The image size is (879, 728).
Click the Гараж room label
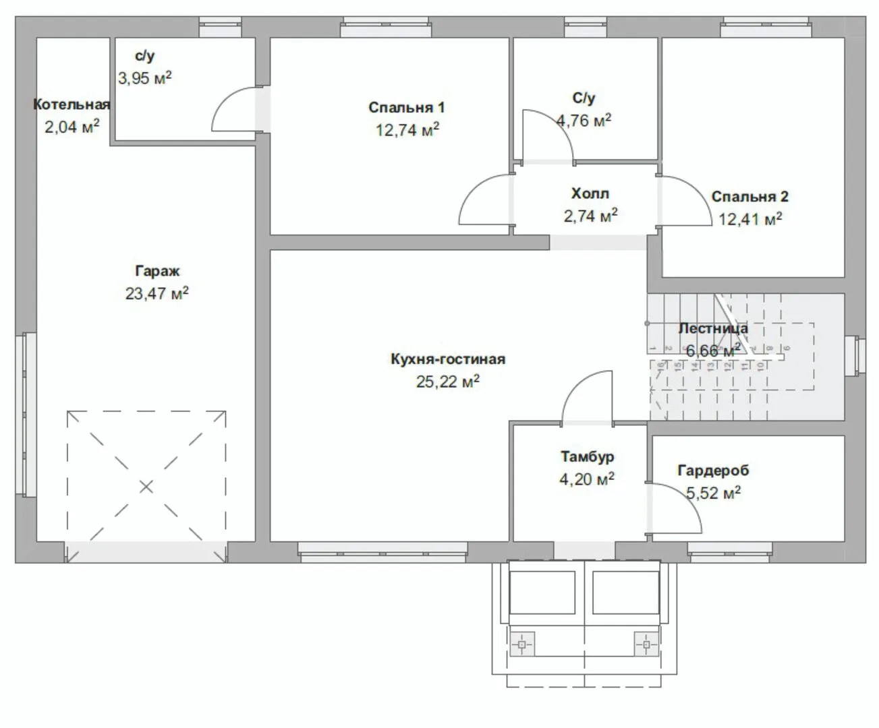click(157, 271)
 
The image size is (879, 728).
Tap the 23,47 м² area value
click(157, 293)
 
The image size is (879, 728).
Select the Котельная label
click(71, 104)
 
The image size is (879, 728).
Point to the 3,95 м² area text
click(145, 78)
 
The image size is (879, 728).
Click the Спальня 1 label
click(407, 108)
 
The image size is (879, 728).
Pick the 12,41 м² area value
click(749, 218)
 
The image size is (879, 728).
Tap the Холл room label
click(590, 193)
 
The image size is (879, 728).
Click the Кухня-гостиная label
click(448, 359)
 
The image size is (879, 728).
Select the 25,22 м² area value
click(448, 382)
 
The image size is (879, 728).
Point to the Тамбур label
click(587, 457)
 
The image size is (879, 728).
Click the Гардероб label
click(713, 471)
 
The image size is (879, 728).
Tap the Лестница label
click(713, 328)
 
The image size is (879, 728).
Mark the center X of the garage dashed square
click(146, 487)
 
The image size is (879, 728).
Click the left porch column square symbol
click(522, 644)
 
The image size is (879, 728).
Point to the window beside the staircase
click(856, 354)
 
